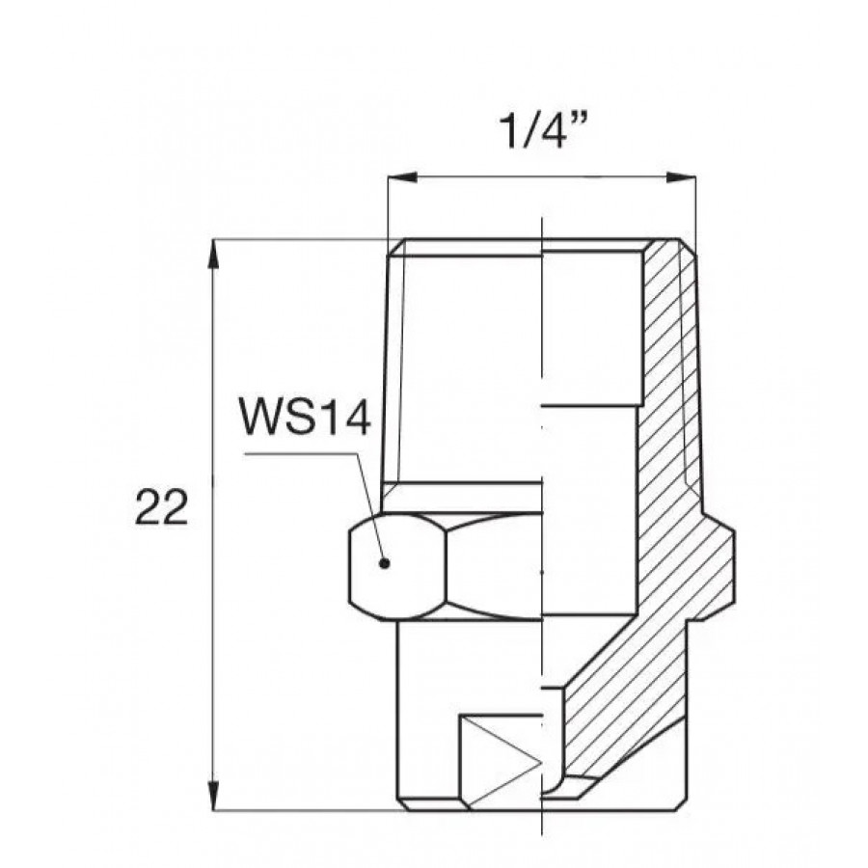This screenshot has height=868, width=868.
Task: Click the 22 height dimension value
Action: tap(161, 507)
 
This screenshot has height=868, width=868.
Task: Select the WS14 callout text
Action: tap(305, 417)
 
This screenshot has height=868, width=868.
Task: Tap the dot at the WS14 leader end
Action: tap(385, 563)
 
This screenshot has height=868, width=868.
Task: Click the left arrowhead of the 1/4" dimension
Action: tap(402, 177)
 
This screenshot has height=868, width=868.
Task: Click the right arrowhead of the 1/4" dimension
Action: tap(681, 177)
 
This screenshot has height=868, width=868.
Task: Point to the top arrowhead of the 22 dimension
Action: tap(213, 254)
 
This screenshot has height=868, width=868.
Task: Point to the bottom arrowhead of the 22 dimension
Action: tap(213, 796)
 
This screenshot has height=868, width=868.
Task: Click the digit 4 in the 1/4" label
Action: tap(551, 132)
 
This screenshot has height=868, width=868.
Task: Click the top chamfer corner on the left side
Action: tap(405, 240)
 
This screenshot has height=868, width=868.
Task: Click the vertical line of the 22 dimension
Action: tap(213, 525)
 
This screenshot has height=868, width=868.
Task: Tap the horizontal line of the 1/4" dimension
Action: tap(541, 177)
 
